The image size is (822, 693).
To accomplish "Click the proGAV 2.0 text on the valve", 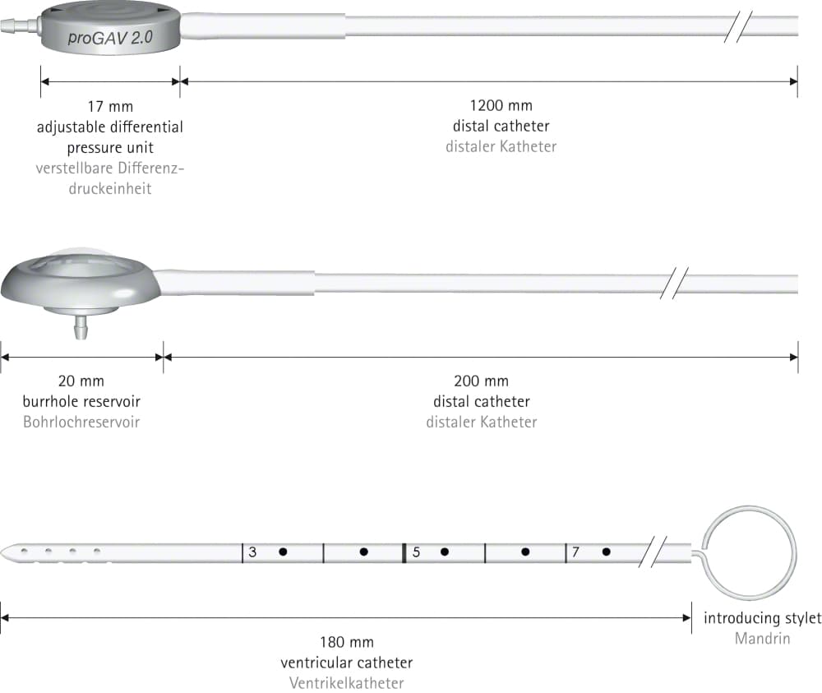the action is click(x=110, y=38).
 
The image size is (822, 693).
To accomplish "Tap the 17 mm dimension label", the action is click(x=110, y=106).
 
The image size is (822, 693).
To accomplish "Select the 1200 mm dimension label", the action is click(x=501, y=105).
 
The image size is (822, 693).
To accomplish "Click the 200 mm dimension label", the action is click(x=481, y=381).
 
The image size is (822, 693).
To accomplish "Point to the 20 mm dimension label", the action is click(x=81, y=381).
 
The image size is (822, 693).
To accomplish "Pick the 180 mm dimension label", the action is click(x=347, y=642).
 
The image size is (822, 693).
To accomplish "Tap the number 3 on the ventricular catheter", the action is click(x=252, y=552).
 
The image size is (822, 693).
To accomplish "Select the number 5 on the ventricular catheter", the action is click(x=416, y=552).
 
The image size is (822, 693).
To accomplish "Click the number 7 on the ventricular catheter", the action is click(x=575, y=552).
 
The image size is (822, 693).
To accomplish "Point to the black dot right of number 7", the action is click(x=607, y=552).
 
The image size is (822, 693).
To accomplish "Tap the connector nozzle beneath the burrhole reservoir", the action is click(x=81, y=327).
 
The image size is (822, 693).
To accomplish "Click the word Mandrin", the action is click(x=762, y=639).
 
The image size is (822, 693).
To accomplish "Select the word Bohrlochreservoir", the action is click(x=81, y=422).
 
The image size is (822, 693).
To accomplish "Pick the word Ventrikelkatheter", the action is click(x=347, y=683).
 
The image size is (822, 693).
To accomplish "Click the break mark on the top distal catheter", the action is click(x=738, y=26).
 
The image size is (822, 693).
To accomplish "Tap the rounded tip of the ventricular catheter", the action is click(x=5, y=552).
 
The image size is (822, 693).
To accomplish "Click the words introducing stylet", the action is click(x=762, y=618).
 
